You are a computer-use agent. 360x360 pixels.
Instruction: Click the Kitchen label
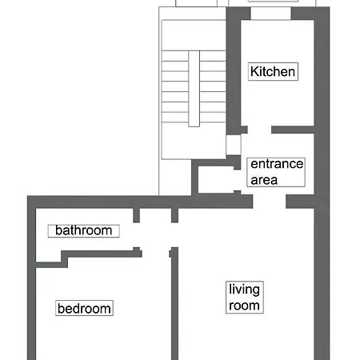(273, 71)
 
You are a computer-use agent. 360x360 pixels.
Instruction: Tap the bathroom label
(83, 231)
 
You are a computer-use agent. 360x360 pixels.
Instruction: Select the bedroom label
(84, 308)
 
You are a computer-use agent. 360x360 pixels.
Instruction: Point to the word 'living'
(244, 290)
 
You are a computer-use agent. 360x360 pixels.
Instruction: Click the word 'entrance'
(277, 165)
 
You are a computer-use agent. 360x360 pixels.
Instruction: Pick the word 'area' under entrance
(264, 180)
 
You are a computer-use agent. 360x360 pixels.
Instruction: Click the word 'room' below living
(245, 306)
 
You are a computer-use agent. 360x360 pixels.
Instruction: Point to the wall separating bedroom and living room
(172, 312)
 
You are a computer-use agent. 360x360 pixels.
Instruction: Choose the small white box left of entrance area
(234, 145)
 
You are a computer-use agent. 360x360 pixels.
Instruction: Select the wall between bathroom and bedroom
(100, 254)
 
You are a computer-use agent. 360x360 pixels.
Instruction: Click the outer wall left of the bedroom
(32, 304)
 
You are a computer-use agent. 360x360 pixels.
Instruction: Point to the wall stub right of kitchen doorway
(292, 130)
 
